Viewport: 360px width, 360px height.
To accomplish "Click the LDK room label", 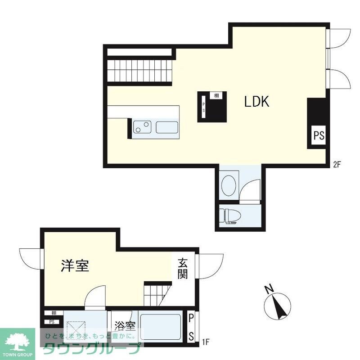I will point(256,102).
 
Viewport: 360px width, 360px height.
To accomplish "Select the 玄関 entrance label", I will point(182,269).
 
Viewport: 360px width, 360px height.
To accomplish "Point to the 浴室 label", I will point(125,325).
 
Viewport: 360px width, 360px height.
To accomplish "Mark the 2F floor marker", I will point(337,165).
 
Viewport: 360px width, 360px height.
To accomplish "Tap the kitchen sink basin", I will point(167,127).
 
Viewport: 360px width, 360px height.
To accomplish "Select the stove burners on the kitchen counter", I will point(142,127).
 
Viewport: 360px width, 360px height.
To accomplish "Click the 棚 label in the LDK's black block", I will point(216,95).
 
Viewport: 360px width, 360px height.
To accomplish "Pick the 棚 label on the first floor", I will point(54,313).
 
